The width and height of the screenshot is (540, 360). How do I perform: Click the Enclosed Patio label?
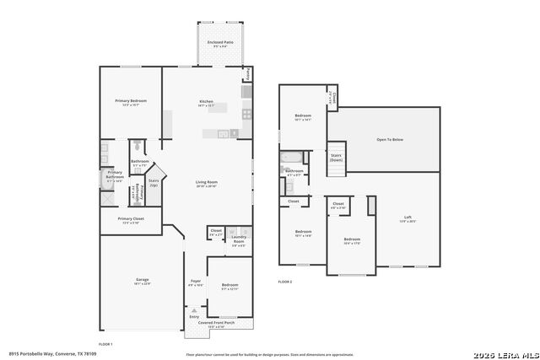coord(220,41)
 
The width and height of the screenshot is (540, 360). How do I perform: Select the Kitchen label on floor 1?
coord(206,102)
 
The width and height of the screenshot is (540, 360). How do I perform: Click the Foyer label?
coord(195,281)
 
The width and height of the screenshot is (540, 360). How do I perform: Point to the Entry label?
coord(194,316)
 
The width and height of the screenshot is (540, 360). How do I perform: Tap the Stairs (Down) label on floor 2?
coord(336,157)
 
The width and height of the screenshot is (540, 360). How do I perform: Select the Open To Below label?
coord(389,139)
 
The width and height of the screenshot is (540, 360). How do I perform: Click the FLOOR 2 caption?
coord(285,282)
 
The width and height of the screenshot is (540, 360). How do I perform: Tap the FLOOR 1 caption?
coord(105,344)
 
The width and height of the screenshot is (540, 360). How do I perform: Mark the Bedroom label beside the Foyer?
coord(229,286)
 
